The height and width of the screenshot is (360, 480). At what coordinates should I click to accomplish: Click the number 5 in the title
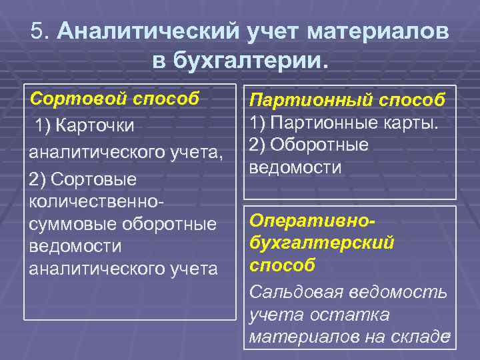pos(37,31)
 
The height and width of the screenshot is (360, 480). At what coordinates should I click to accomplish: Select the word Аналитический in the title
pos(147,31)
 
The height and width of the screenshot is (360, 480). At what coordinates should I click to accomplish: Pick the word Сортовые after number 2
pos(93,180)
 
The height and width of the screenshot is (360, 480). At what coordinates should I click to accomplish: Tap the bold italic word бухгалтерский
pos(321,243)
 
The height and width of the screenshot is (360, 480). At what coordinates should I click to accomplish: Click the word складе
pos(418,337)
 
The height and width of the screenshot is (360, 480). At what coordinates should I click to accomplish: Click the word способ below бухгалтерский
pos(282,265)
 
